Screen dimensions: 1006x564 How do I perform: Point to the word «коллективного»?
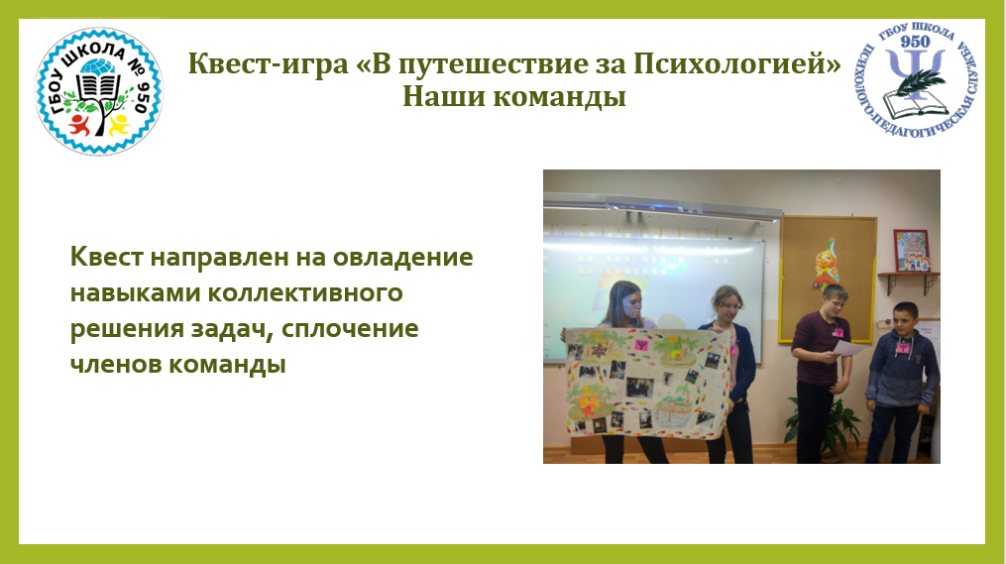click(304, 293)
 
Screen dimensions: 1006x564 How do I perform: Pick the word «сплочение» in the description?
click(350, 329)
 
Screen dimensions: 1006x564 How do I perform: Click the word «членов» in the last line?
click(116, 365)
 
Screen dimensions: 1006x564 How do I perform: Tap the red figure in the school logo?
click(80, 125)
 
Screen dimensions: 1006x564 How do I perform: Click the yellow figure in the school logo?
click(119, 125)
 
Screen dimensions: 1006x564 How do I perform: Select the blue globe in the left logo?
click(98, 67)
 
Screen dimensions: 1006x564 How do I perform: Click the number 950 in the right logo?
click(915, 43)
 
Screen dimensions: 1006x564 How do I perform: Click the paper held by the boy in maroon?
click(848, 348)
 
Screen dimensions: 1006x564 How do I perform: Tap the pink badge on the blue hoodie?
click(903, 349)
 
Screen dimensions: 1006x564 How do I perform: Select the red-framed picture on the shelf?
click(911, 251)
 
